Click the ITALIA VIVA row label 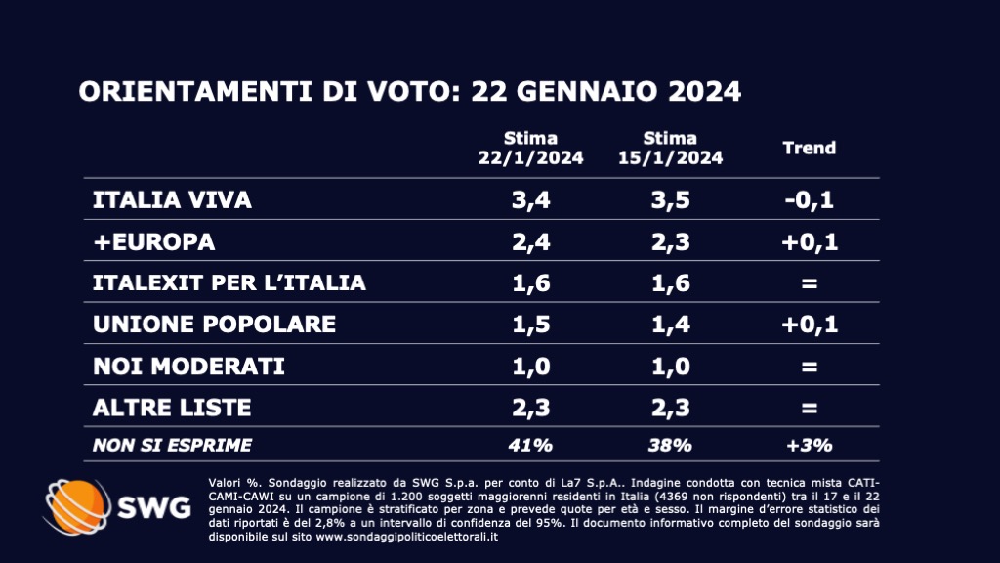tap(172, 200)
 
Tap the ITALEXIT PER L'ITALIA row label tap(229, 283)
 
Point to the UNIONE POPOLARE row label tap(213, 325)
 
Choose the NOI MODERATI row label tap(187, 366)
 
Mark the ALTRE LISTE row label tap(172, 407)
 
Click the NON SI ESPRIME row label tap(172, 446)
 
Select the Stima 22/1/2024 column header tap(530, 148)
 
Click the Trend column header tap(810, 149)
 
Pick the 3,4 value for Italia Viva tap(530, 200)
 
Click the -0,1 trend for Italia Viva tap(810, 200)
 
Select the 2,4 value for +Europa tap(530, 241)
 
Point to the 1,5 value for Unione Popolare tap(530, 325)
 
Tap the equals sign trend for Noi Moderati tap(810, 366)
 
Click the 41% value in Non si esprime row tap(530, 446)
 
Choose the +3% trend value tap(810, 446)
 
